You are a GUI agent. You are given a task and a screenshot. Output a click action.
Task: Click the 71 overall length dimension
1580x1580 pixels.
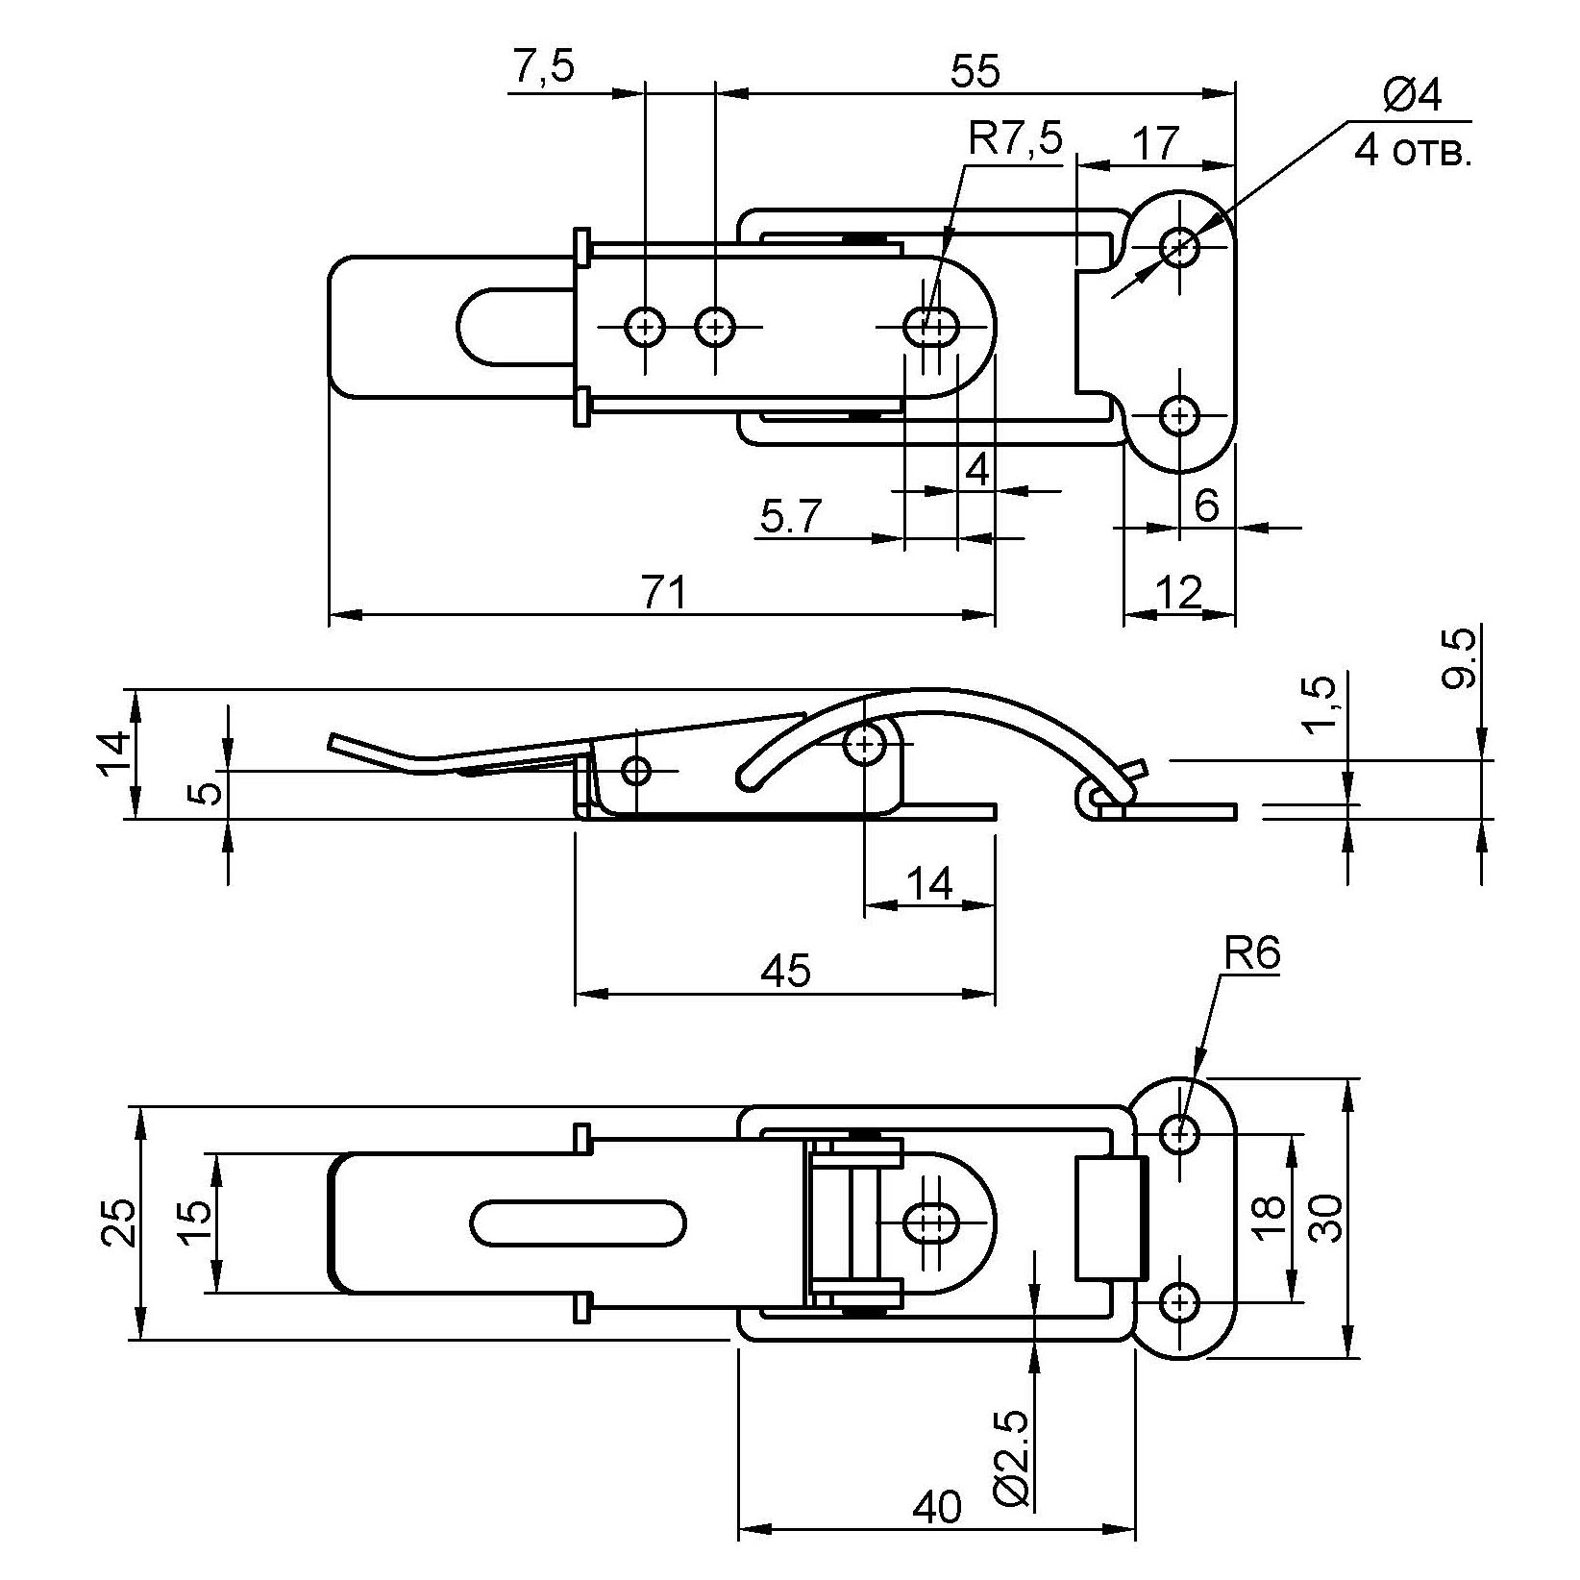[x=664, y=592]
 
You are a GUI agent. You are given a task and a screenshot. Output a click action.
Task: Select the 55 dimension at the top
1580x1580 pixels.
[x=975, y=72]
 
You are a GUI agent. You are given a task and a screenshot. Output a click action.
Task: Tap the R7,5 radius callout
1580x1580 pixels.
[x=1016, y=140]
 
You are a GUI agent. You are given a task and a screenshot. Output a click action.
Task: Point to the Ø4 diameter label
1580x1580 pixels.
[x=1412, y=96]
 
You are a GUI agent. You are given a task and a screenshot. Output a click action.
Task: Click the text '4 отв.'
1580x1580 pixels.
[x=1413, y=152]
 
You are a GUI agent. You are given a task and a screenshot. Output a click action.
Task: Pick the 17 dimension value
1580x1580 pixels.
[x=1154, y=144]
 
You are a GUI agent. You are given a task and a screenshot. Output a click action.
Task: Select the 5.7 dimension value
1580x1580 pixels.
[x=791, y=518]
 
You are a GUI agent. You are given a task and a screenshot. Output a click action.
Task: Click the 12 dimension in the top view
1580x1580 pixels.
[x=1179, y=593]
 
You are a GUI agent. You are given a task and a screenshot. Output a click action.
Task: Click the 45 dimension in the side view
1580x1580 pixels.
[x=785, y=972]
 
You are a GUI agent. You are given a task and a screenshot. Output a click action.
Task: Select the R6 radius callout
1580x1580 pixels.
[x=1252, y=954]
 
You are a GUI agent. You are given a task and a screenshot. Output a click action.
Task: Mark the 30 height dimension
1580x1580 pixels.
[x=1326, y=1218]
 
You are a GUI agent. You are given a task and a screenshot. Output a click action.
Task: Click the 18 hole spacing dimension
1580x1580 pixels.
[x=1269, y=1219]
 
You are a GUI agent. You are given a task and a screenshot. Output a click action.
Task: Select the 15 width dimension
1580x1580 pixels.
[x=193, y=1222]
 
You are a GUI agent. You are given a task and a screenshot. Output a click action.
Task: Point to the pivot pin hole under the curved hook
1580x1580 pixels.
[x=865, y=743]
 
